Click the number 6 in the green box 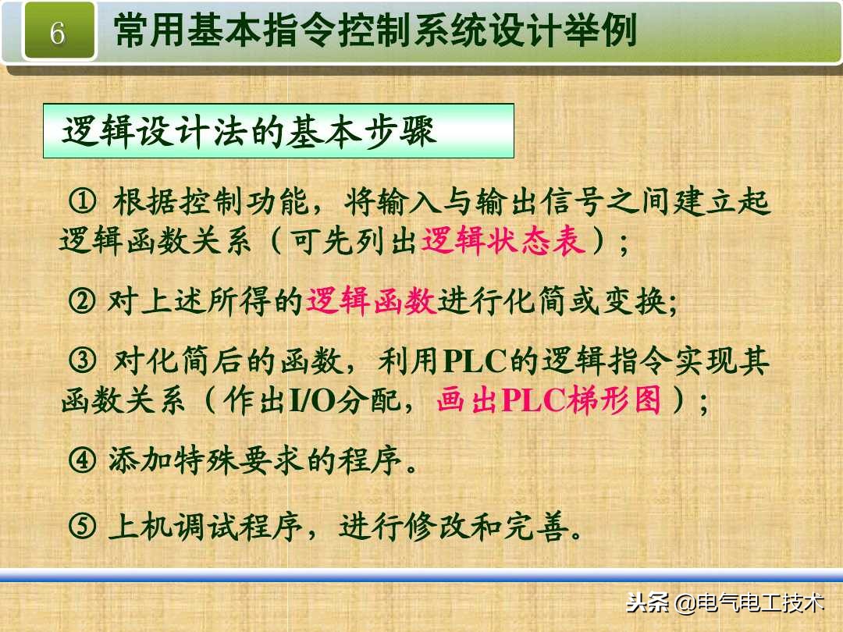(57, 33)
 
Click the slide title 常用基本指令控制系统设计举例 (375, 31)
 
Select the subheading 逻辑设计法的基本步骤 (250, 132)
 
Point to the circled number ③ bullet (82, 360)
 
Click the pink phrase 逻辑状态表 (503, 242)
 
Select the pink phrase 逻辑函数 (371, 300)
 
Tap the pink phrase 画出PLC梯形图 (549, 401)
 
